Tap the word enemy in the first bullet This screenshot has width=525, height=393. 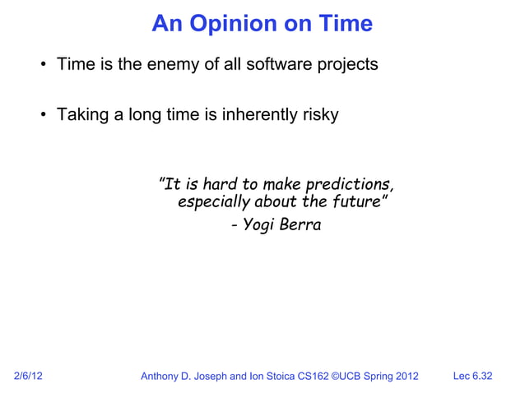(x=174, y=63)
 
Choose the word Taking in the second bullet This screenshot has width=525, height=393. (x=81, y=115)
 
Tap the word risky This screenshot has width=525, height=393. (x=318, y=115)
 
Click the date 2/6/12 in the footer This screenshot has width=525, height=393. (x=30, y=377)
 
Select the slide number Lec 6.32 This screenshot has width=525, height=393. (x=472, y=377)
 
